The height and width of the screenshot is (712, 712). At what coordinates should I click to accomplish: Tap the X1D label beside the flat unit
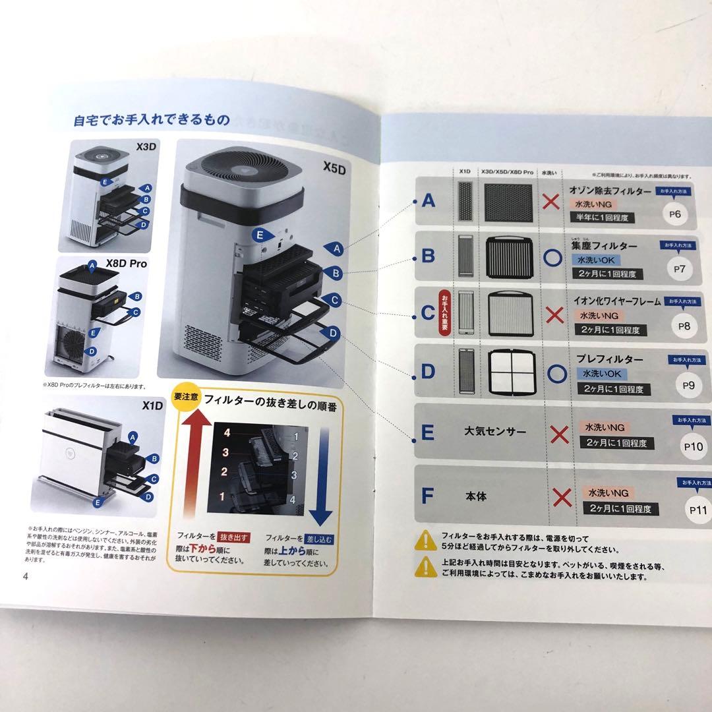pyautogui.click(x=152, y=405)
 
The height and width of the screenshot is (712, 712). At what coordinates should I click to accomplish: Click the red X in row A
pyautogui.click(x=553, y=201)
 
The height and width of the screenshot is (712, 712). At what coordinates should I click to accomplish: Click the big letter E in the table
pyautogui.click(x=427, y=432)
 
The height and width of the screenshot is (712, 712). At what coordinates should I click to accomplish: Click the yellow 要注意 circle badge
pyautogui.click(x=183, y=397)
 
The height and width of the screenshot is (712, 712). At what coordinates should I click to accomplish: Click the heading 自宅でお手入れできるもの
pyautogui.click(x=152, y=120)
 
